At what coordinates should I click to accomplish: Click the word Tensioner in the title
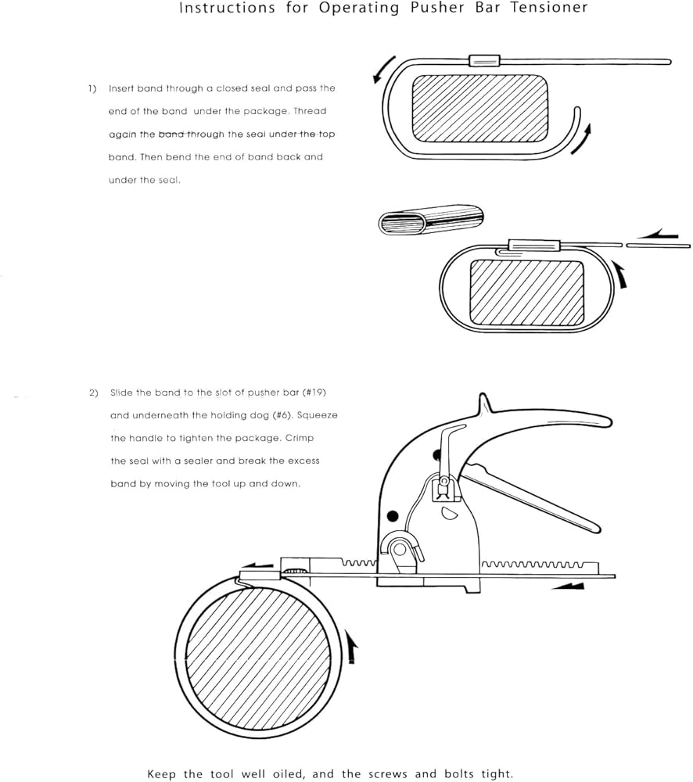tap(549, 8)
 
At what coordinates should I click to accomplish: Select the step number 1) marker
tap(92, 89)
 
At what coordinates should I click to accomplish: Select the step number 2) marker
tap(94, 393)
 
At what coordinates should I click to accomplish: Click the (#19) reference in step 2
tap(314, 393)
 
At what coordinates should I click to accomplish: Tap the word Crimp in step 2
tap(300, 439)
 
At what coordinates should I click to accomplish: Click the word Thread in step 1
tap(310, 111)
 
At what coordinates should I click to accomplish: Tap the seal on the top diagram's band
tap(484, 60)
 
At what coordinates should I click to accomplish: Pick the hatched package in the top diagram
tap(480, 108)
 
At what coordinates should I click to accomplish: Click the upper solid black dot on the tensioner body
tap(437, 455)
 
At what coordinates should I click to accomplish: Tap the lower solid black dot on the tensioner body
tap(393, 515)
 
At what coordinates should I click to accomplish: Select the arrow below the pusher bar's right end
tap(568, 586)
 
